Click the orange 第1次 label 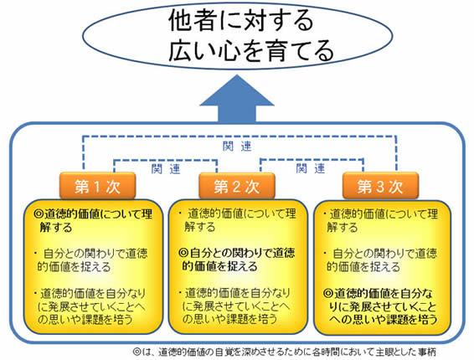[x=97, y=185]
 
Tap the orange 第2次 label [x=237, y=185]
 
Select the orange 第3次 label [x=380, y=185]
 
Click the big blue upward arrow [x=237, y=99]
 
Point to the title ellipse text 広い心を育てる [x=251, y=51]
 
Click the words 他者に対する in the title [x=241, y=20]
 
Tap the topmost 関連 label [x=237, y=147]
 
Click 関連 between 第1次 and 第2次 [x=166, y=169]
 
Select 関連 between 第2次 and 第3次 [x=311, y=168]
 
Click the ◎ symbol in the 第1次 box [x=39, y=214]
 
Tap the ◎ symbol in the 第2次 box [x=183, y=252]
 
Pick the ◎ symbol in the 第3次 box [x=328, y=293]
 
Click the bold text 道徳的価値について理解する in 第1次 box [x=93, y=221]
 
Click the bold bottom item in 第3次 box [x=380, y=306]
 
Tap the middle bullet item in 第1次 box [x=91, y=260]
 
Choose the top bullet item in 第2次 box [x=237, y=220]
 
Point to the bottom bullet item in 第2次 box [x=234, y=306]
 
